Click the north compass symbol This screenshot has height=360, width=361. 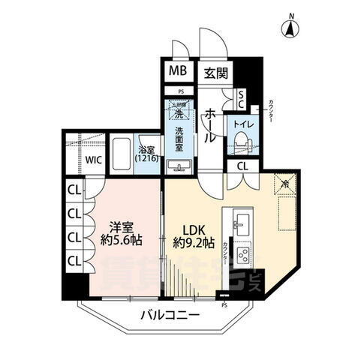pyautogui.click(x=290, y=28)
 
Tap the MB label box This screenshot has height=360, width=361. pyautogui.click(x=178, y=72)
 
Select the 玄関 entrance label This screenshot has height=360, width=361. pyautogui.click(x=215, y=72)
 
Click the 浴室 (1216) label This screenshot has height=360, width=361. pyautogui.click(x=146, y=154)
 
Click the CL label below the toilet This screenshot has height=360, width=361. pyautogui.click(x=242, y=166)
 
